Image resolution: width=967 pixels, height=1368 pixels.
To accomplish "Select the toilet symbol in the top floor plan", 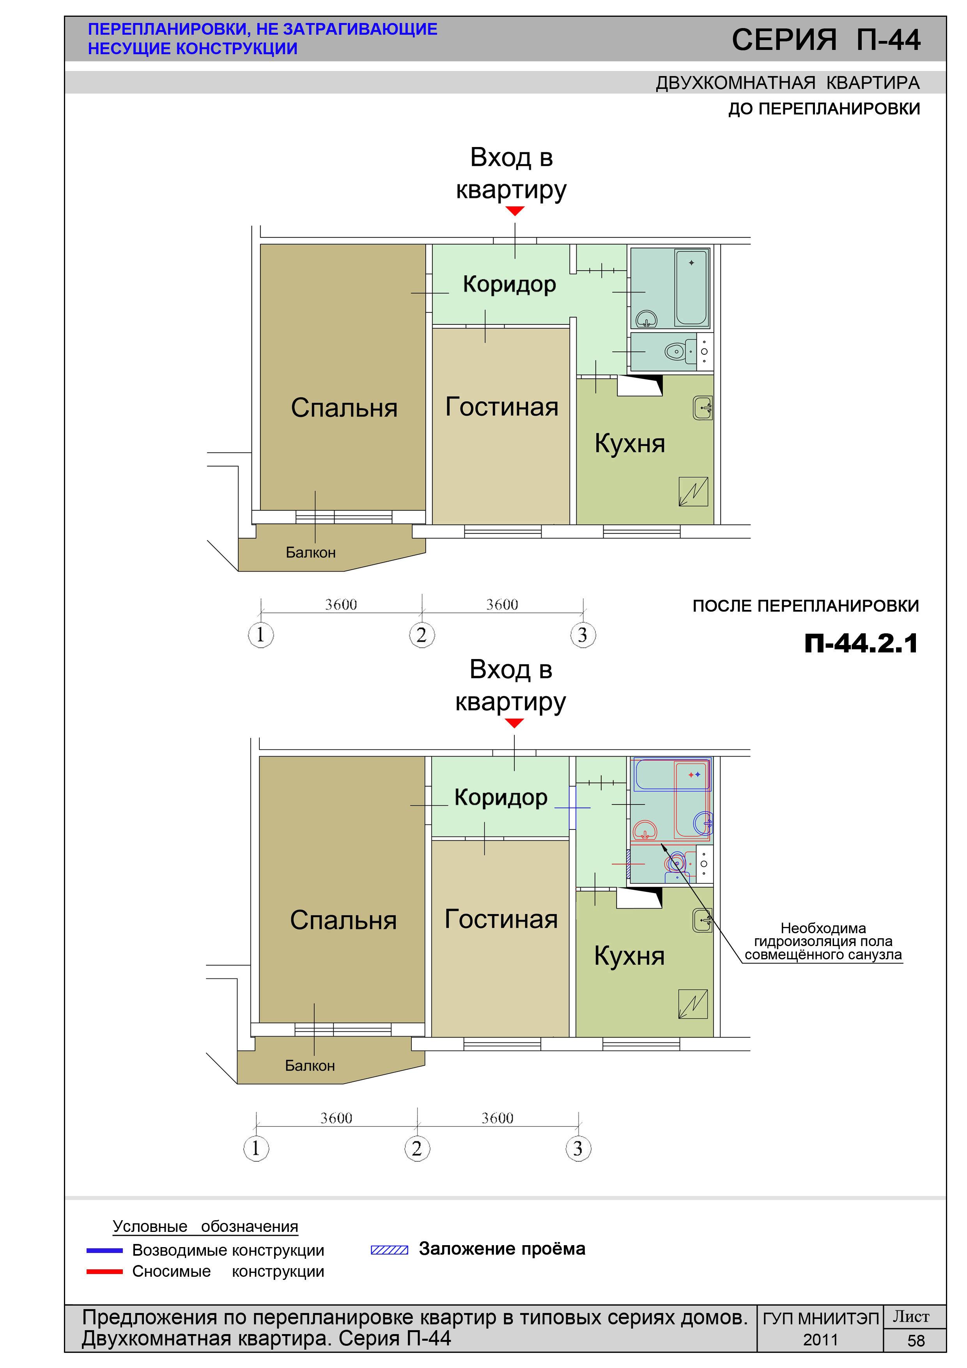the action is click(675, 351).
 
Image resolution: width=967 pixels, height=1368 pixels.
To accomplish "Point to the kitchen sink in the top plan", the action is click(703, 408).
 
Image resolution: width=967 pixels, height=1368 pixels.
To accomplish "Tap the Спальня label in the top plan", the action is click(344, 408).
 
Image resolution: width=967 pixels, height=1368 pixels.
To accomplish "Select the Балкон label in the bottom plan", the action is click(310, 1065).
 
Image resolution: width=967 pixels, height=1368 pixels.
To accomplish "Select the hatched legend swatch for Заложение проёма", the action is click(390, 1250).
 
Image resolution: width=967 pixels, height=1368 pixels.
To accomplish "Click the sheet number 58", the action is click(916, 1341).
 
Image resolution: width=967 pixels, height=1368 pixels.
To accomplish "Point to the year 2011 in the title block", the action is click(820, 1340).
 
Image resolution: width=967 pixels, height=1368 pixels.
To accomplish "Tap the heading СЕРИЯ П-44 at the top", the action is click(826, 40).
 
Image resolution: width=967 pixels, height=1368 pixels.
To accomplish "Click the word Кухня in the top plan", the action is click(630, 444).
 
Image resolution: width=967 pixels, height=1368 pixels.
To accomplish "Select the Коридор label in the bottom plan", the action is click(501, 797).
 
